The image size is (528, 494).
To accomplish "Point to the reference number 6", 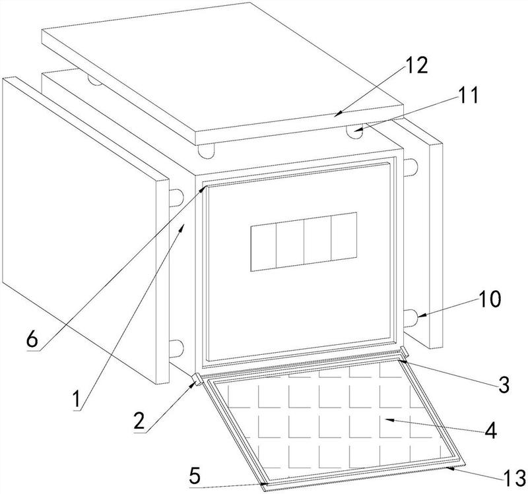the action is point(32,340).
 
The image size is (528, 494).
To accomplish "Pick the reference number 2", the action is point(139,421).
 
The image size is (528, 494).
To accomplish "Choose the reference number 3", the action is point(504,385).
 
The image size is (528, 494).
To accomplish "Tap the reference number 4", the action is point(490,431).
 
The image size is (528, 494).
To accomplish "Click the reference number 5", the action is point(195,476).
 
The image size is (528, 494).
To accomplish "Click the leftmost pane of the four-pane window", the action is point(263,248).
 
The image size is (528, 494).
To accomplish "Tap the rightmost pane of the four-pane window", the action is point(344,236).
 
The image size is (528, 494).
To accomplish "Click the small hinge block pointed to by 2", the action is point(197,379).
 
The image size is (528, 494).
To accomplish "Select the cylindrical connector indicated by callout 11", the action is point(354,131).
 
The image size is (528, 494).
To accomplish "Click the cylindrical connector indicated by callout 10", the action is point(411,318).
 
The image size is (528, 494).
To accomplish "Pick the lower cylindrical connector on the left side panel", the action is point(176,349).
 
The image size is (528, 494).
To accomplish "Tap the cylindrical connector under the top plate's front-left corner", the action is point(206,151).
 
